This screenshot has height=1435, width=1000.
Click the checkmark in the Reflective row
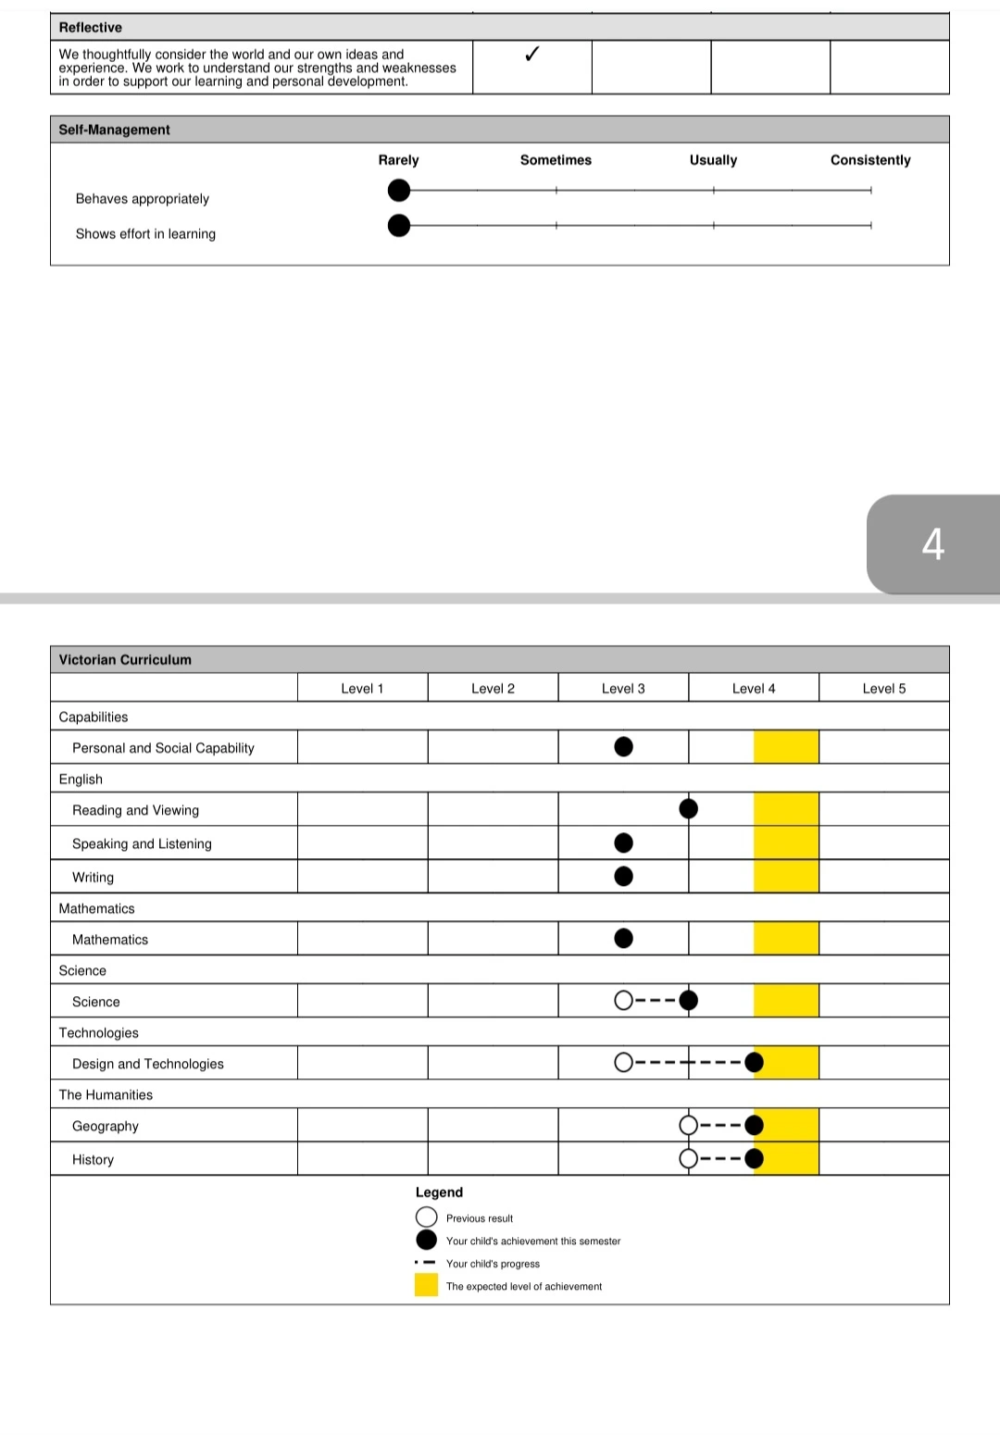point(531,55)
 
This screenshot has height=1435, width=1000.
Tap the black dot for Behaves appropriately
point(399,191)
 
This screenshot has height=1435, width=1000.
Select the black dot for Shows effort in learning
point(399,225)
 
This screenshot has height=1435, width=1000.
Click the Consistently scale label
point(870,160)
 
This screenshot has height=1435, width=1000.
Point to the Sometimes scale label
point(556,160)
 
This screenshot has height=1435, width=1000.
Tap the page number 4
point(932,543)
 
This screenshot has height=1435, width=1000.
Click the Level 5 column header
point(883,688)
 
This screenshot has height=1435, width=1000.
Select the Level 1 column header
point(362,688)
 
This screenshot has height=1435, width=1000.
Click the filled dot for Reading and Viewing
point(688,809)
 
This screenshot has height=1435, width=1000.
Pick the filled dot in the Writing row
point(624,876)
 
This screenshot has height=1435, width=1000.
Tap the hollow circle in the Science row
point(624,1000)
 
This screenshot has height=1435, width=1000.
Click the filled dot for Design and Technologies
point(755,1062)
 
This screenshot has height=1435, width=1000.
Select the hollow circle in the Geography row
point(688,1125)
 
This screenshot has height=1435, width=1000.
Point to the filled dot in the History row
point(755,1158)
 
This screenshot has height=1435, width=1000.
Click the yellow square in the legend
point(426,1285)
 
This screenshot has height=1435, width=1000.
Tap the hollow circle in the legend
point(426,1217)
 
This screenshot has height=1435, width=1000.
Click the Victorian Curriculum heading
point(125,659)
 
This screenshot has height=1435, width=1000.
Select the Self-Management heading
point(114,130)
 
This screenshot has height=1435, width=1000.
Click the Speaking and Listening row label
point(142,843)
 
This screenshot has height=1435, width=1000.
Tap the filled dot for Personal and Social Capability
point(624,746)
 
